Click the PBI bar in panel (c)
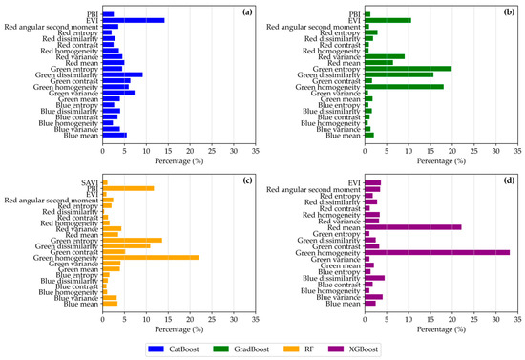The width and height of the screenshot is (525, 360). tap(128, 188)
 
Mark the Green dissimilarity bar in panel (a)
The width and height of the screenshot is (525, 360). tap(122, 74)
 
